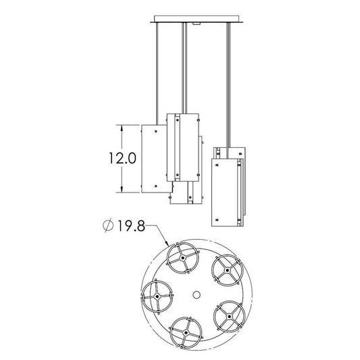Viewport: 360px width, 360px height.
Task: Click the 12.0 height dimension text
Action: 122,159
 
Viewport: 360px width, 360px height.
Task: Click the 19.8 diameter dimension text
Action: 131,226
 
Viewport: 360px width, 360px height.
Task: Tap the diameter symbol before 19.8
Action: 108,226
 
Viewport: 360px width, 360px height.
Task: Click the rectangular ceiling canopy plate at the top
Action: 197,19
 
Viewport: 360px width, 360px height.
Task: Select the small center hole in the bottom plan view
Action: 197,294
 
